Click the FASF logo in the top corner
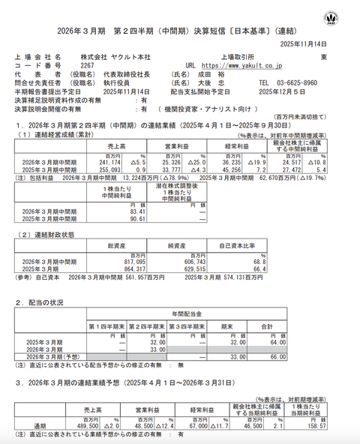pos(331,18)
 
